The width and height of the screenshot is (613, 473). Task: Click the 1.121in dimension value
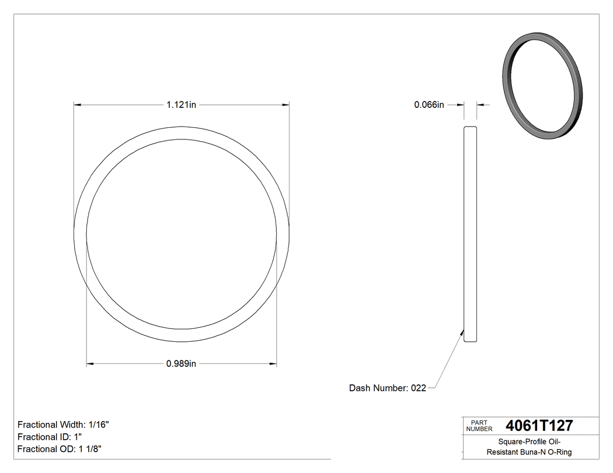coord(181,105)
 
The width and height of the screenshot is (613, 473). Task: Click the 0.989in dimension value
coord(181,364)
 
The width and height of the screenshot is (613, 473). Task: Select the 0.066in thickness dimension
coord(429,105)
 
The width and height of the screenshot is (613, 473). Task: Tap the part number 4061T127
coord(539,425)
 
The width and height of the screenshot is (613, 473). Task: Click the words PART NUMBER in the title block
coord(479,425)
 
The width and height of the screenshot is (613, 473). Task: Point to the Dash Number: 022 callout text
coord(388,388)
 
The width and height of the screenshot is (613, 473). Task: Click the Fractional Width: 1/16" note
coord(63,425)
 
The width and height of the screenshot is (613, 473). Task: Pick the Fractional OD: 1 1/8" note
coord(61,449)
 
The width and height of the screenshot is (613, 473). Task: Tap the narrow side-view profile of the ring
coord(470,233)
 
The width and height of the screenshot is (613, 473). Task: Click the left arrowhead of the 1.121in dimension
coord(76,105)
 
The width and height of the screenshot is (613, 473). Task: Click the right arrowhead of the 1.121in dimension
coord(286,105)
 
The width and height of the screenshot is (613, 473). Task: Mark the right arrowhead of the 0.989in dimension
coord(273,364)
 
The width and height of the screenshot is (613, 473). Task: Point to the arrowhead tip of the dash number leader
coord(463,331)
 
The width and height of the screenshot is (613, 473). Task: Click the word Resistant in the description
coord(504,452)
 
